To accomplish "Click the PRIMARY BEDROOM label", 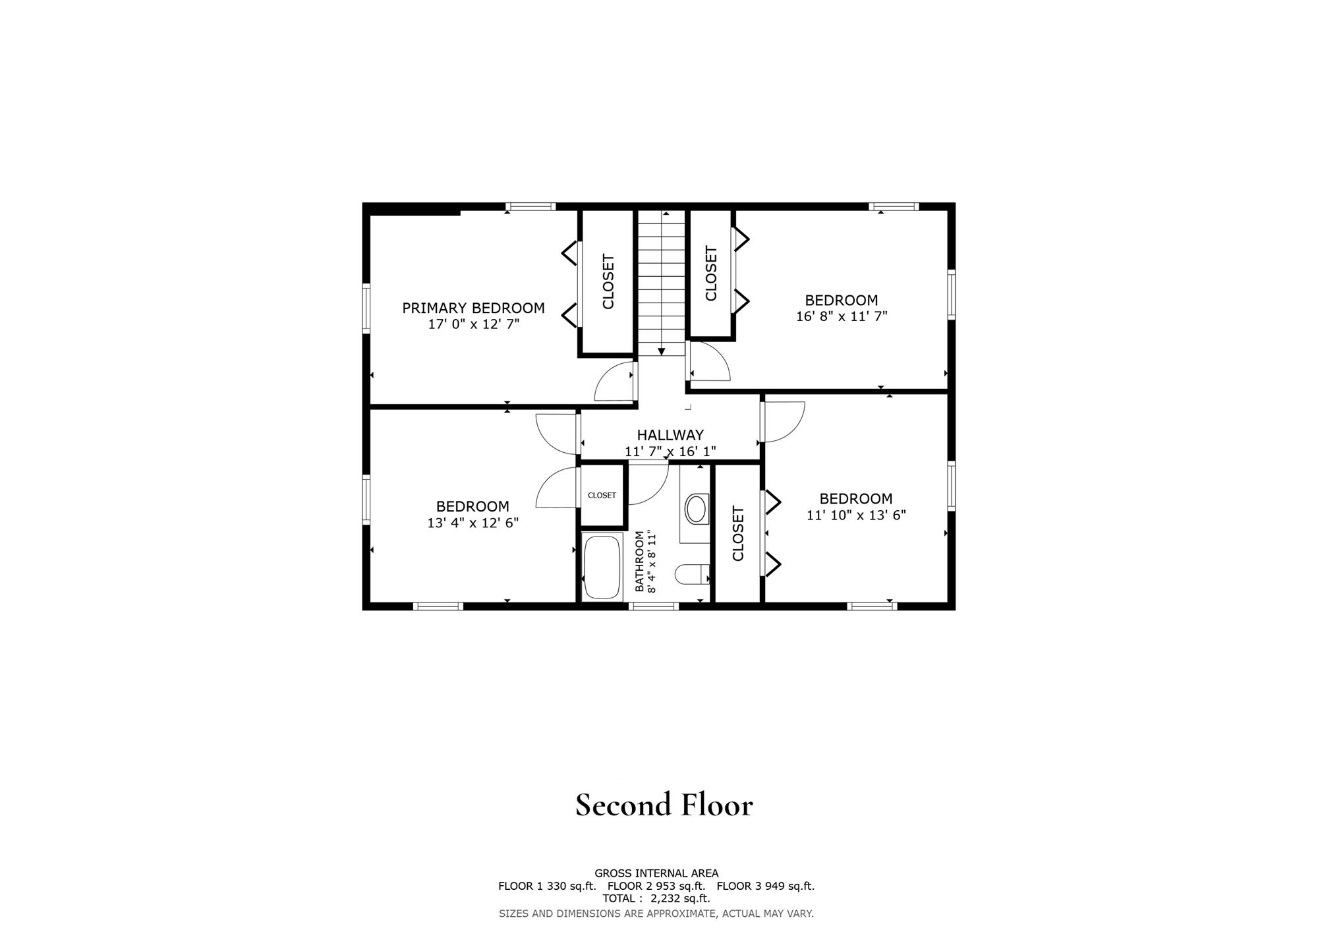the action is pyautogui.click(x=473, y=308).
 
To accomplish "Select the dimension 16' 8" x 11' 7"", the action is pyautogui.click(x=842, y=316).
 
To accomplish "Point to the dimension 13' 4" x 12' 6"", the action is pyautogui.click(x=473, y=523).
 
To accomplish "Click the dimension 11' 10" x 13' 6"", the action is pyautogui.click(x=856, y=515).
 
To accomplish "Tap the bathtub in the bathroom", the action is pyautogui.click(x=602, y=566).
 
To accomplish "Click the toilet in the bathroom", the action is pyautogui.click(x=691, y=574).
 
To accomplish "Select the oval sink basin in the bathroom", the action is pyautogui.click(x=696, y=508).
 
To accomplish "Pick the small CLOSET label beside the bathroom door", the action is pyautogui.click(x=602, y=496).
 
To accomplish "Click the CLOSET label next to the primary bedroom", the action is pyautogui.click(x=608, y=281).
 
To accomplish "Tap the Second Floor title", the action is pyautogui.click(x=664, y=805).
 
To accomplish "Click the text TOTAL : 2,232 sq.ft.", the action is pyautogui.click(x=656, y=898).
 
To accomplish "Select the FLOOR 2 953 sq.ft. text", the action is pyautogui.click(x=656, y=887).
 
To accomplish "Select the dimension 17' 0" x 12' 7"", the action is pyautogui.click(x=474, y=324).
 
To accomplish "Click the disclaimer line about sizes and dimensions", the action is pyautogui.click(x=656, y=914).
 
